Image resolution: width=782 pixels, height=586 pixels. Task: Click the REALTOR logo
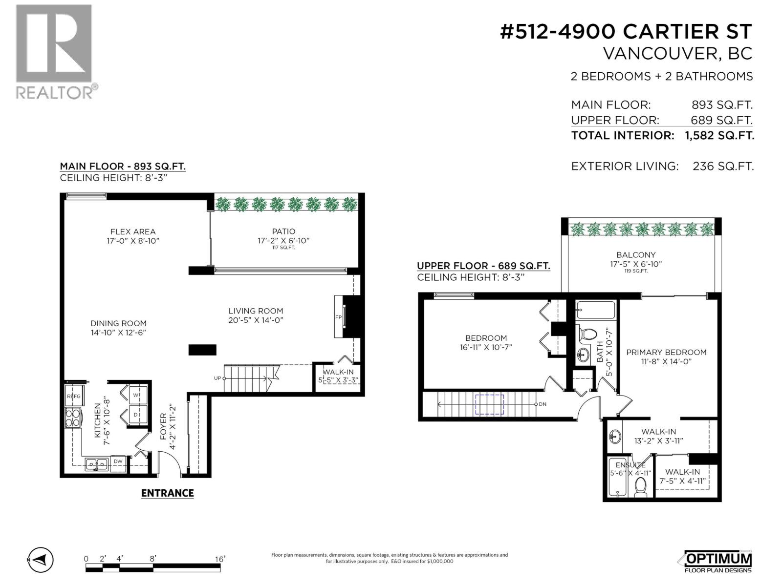click(x=54, y=51)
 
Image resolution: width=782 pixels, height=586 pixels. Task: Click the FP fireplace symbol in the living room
click(x=338, y=317)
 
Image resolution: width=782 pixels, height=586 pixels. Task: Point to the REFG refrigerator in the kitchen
click(x=73, y=396)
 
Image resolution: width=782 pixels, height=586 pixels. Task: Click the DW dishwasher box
click(x=118, y=461)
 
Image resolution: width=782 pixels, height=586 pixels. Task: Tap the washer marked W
click(x=136, y=395)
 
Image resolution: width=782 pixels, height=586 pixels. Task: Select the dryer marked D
click(x=136, y=415)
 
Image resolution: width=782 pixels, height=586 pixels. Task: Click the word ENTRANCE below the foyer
click(x=167, y=493)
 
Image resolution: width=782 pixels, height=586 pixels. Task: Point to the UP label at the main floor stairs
click(x=217, y=378)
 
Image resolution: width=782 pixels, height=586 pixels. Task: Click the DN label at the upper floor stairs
click(x=543, y=404)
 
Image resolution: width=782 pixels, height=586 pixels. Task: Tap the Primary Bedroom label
click(x=666, y=352)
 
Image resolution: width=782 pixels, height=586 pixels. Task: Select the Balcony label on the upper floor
click(x=636, y=254)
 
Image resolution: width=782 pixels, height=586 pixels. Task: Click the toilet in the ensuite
click(x=640, y=487)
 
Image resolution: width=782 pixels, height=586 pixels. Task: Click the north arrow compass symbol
click(x=41, y=560)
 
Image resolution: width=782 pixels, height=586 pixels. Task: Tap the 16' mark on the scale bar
click(x=219, y=559)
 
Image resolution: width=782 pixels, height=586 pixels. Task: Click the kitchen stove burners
click(x=73, y=418)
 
